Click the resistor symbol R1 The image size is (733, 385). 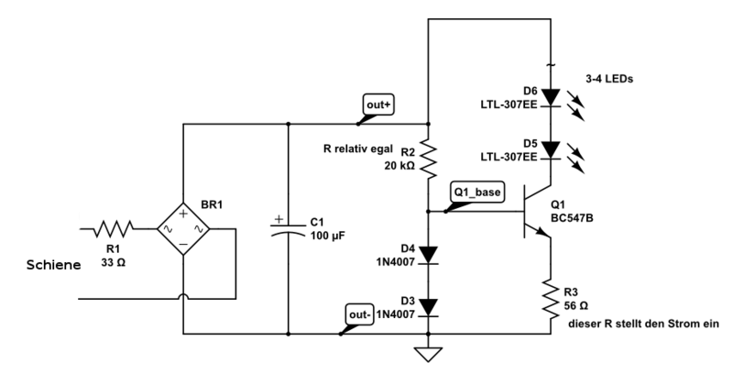114,229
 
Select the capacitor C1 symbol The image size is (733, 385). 288,228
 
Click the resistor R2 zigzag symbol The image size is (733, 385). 428,158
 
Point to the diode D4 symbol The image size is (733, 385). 428,255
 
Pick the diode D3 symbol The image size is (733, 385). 428,308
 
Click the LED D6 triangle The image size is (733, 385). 551,98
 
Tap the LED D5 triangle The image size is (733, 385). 551,150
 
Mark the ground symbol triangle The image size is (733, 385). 428,354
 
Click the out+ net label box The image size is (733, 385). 378,104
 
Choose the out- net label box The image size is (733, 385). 359,314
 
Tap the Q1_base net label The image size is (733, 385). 477,192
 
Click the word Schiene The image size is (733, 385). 53,265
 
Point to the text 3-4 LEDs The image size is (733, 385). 609,79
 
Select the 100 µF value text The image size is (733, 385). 328,236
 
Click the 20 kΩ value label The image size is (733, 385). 399,166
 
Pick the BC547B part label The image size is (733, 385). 572,218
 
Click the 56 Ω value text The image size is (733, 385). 576,305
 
